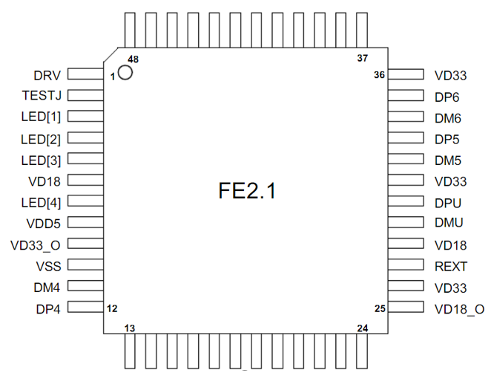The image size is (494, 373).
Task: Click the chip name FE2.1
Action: point(247,191)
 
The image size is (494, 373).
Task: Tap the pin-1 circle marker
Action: point(125,73)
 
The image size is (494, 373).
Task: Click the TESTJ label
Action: point(42,96)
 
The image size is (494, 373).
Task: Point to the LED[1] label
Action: point(41,117)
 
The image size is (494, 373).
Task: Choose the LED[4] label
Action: point(41,202)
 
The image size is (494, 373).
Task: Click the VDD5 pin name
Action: point(44,223)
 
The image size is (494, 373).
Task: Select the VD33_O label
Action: point(36,245)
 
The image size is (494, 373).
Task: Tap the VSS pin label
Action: point(48,266)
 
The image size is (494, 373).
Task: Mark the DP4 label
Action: point(47,308)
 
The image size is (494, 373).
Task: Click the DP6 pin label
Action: point(447,97)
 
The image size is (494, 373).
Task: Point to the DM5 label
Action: point(447,160)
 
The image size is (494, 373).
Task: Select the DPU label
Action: point(448,202)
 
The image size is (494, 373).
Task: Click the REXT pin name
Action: point(451,266)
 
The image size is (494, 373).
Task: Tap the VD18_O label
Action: point(460,308)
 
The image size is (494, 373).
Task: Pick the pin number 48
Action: point(133,59)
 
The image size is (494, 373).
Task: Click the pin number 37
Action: point(362,59)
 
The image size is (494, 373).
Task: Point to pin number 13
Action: point(129,328)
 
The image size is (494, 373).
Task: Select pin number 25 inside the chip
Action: point(380,308)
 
